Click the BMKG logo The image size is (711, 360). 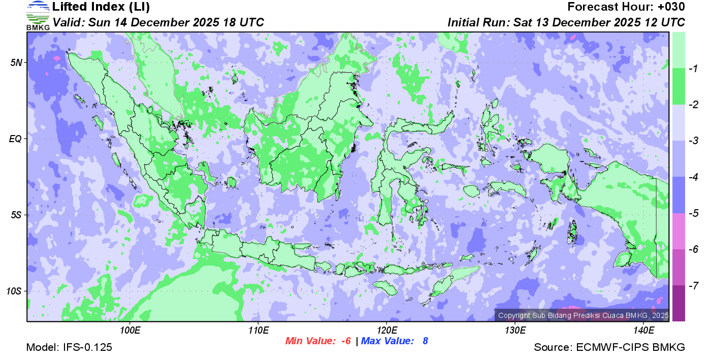coord(38,16)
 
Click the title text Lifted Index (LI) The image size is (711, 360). coord(101,7)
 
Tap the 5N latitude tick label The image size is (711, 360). coord(16,62)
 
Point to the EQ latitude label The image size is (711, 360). coord(16,139)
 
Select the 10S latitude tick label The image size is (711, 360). coord(14,291)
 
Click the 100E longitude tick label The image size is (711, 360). coord(130,331)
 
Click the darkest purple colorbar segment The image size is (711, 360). coord(678,303)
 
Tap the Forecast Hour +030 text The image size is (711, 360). coord(626,7)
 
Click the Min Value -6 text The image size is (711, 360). coord(318,341)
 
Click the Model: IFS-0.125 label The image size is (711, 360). coord(69,348)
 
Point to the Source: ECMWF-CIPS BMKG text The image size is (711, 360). coord(609,348)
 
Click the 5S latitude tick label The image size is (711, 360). coord(16,215)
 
